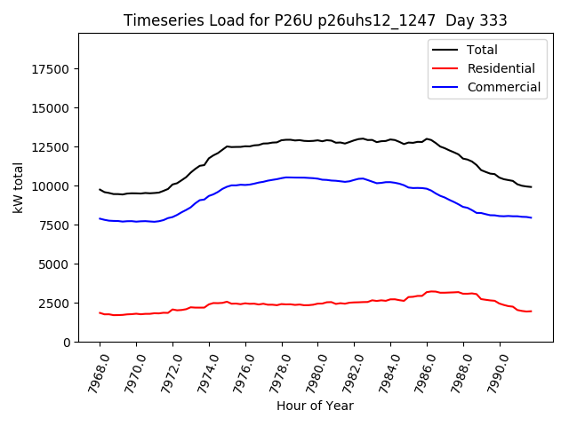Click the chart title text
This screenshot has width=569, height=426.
[315, 20]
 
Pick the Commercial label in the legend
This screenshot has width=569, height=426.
[503, 87]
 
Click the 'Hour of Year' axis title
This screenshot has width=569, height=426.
[315, 406]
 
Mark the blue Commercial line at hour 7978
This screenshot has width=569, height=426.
[282, 177]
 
